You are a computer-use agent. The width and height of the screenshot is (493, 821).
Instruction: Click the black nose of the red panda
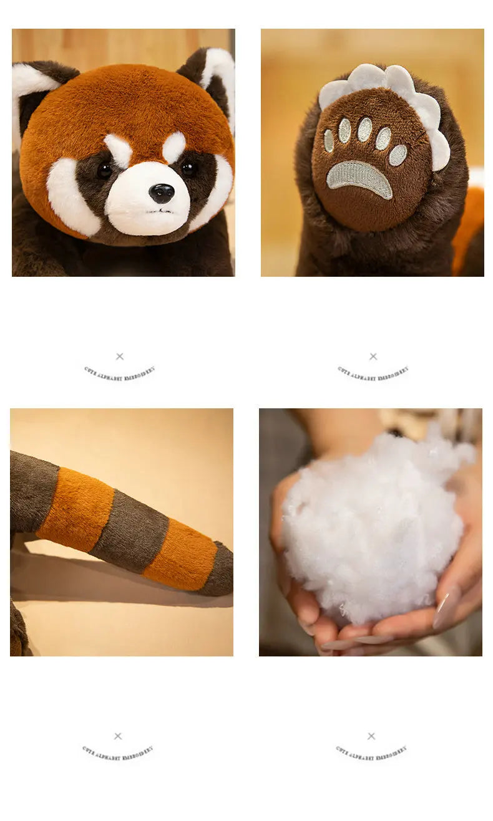point(162,193)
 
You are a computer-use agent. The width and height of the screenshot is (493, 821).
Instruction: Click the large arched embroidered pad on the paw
point(359,177)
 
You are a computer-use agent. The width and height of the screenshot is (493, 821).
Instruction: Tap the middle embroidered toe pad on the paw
point(364,129)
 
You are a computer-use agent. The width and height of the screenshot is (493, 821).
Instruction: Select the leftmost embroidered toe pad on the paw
point(329,140)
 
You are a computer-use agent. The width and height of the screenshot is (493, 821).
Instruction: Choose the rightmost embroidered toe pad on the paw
point(398,155)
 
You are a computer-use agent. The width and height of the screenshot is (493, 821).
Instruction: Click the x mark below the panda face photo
point(120,357)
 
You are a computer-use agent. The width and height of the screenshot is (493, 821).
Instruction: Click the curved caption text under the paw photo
point(373,373)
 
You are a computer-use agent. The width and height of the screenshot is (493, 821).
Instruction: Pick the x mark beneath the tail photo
point(118,736)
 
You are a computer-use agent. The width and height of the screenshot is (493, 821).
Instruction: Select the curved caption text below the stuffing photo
point(371,752)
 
